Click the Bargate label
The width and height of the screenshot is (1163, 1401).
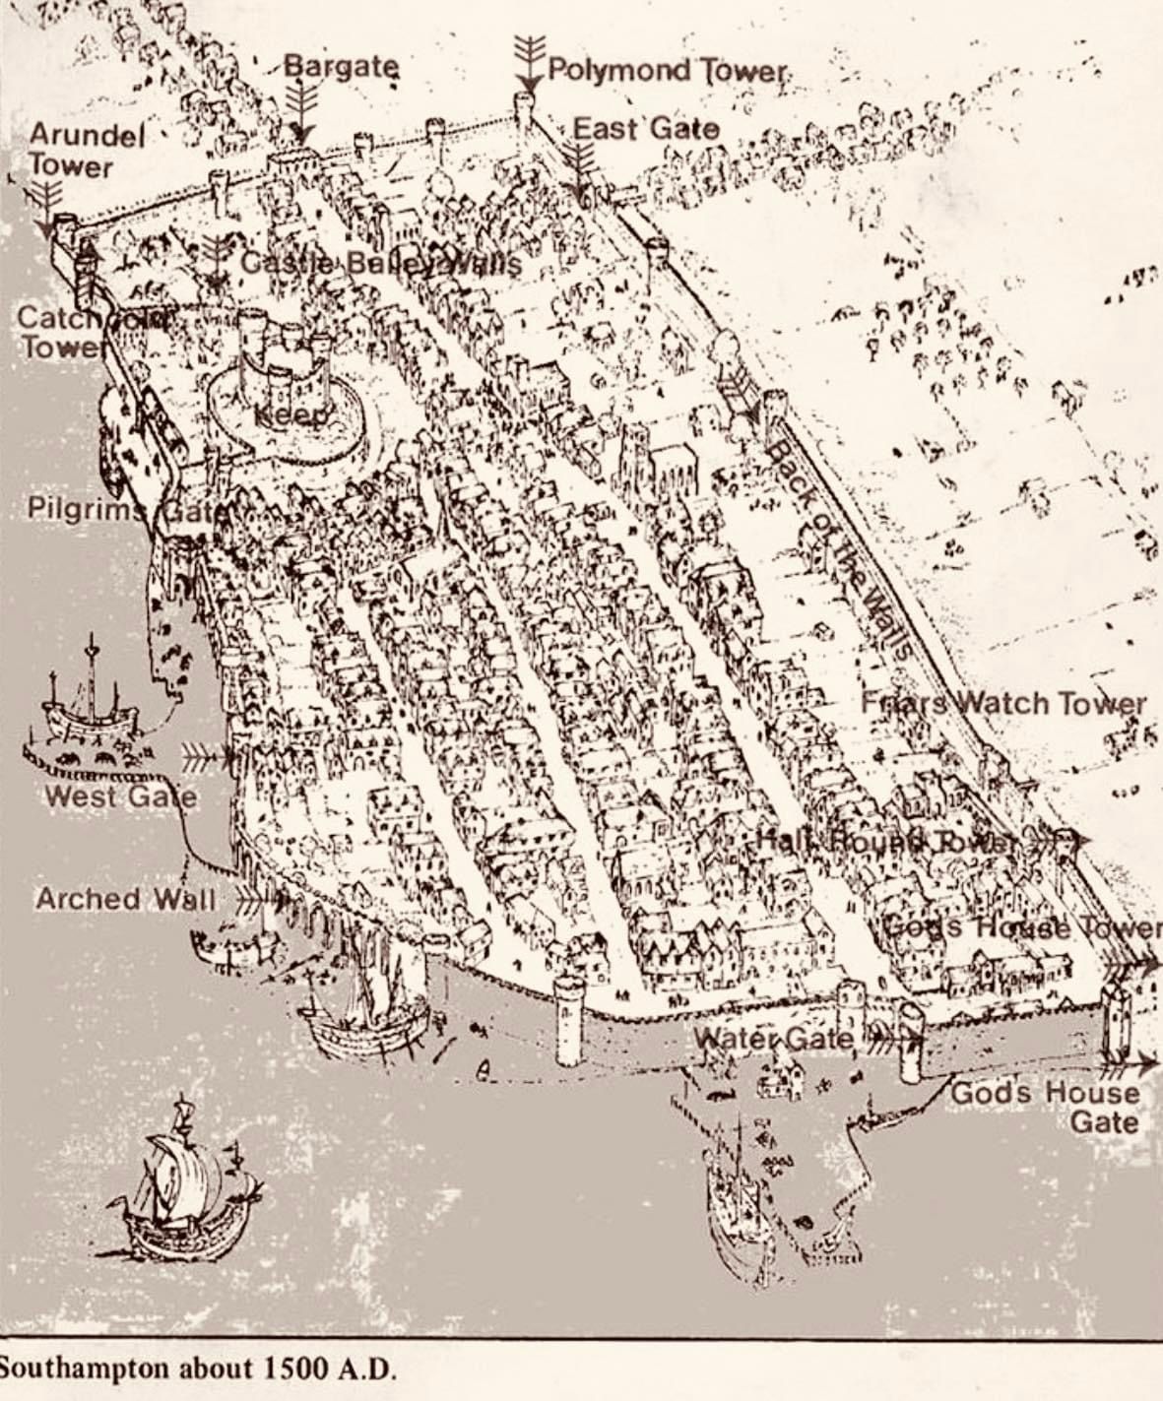342,68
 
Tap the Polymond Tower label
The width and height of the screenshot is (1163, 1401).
668,71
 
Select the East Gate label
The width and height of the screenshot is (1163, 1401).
646,129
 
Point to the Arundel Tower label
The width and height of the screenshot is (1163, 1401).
87,150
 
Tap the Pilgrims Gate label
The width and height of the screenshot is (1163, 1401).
128,510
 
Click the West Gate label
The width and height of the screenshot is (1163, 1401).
120,796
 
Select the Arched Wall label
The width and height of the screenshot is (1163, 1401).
124,899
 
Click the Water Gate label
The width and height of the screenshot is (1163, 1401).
774,1038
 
